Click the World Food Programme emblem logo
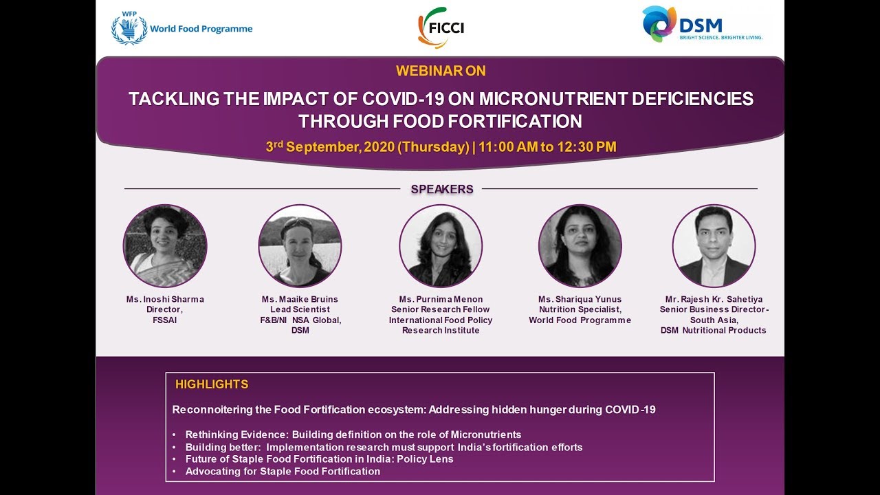point(129,28)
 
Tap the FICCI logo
point(441,27)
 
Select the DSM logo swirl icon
point(659,23)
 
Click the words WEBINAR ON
point(441,71)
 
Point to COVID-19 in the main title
point(403,98)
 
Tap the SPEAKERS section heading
point(442,189)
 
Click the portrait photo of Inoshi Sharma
point(165,246)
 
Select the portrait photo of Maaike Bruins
point(300,246)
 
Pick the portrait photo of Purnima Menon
point(441,246)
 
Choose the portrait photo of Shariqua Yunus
point(580,246)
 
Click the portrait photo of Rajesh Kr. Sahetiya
point(714,246)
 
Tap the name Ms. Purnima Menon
point(441,299)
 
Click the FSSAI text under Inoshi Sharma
point(164,320)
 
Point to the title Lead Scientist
point(300,309)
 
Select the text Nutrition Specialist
point(580,309)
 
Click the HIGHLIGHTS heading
point(212,384)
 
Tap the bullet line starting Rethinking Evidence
point(353,434)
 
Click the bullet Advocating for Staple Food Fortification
point(283,472)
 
